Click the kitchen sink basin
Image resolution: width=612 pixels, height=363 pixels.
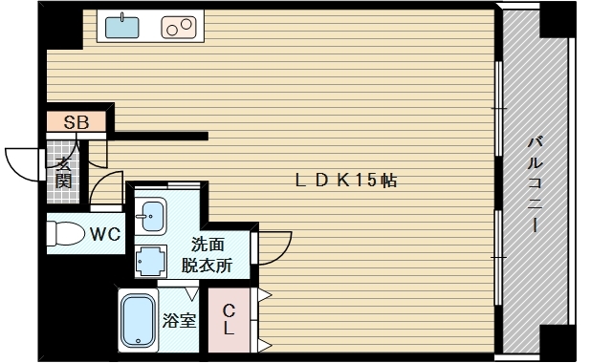121,28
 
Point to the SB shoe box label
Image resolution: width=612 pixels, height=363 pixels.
76,122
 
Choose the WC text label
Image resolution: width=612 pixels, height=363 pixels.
105,234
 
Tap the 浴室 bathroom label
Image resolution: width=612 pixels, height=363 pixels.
179,321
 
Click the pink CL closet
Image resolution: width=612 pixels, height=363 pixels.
229,321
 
